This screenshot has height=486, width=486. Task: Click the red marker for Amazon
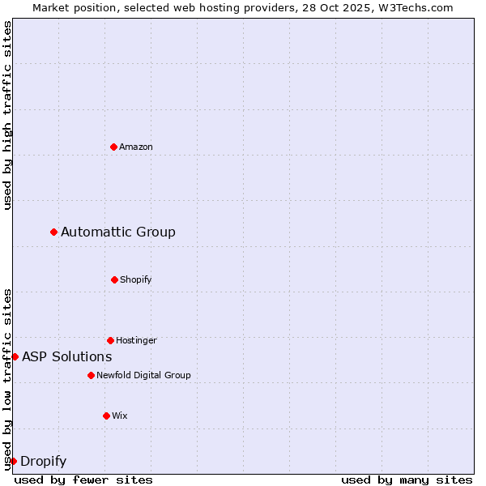[x=113, y=147]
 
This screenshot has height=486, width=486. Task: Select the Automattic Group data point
[x=54, y=232]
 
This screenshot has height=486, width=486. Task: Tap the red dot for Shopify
[x=114, y=279]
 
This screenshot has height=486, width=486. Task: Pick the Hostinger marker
[x=110, y=340]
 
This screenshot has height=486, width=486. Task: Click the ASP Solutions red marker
[x=15, y=356]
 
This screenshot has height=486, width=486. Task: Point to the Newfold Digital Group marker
[x=91, y=375]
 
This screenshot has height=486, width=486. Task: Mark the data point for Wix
[x=106, y=416]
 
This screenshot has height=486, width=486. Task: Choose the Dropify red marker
[x=13, y=461]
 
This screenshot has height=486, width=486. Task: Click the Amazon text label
[x=136, y=147]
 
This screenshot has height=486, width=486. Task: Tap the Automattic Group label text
[x=118, y=232]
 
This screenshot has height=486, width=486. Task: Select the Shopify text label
[x=136, y=279]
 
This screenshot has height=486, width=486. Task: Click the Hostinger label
[x=136, y=340]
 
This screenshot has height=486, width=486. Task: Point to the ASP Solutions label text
[x=67, y=356]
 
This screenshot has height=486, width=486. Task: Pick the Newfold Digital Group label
[x=143, y=375]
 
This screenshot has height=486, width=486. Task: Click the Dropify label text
[x=43, y=462]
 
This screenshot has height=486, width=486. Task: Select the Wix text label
[x=120, y=416]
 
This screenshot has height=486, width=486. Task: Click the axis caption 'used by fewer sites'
[x=83, y=480]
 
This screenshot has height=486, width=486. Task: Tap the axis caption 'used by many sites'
[x=407, y=480]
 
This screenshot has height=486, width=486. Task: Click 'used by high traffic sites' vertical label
[x=7, y=116]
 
